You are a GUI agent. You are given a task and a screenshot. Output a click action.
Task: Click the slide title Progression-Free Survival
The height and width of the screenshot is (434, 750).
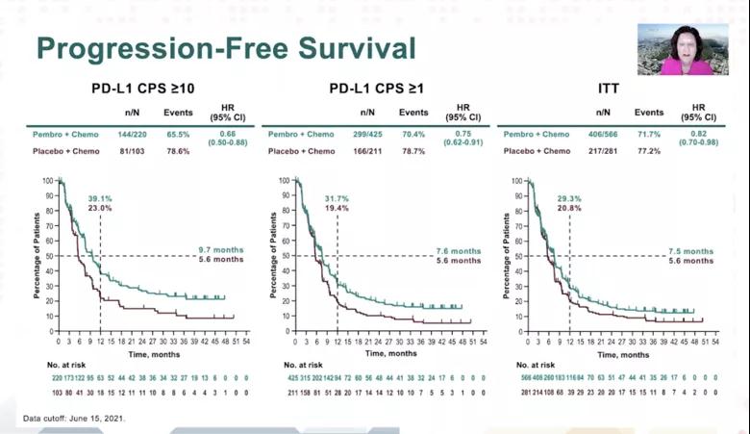pos(225,48)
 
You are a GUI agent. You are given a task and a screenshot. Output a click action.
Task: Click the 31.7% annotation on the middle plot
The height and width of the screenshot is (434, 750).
pos(351,197)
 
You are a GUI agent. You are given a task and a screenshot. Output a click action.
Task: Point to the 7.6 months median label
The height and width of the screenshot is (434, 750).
pos(451,250)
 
